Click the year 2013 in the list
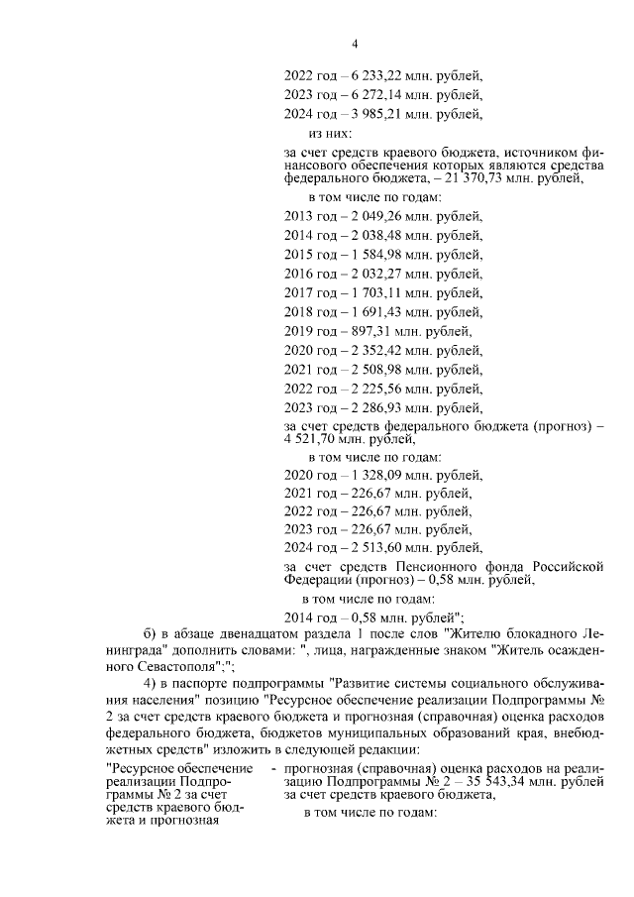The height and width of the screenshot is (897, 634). click(298, 216)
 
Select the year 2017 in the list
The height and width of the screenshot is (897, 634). click(298, 292)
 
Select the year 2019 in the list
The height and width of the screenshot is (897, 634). click(298, 330)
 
